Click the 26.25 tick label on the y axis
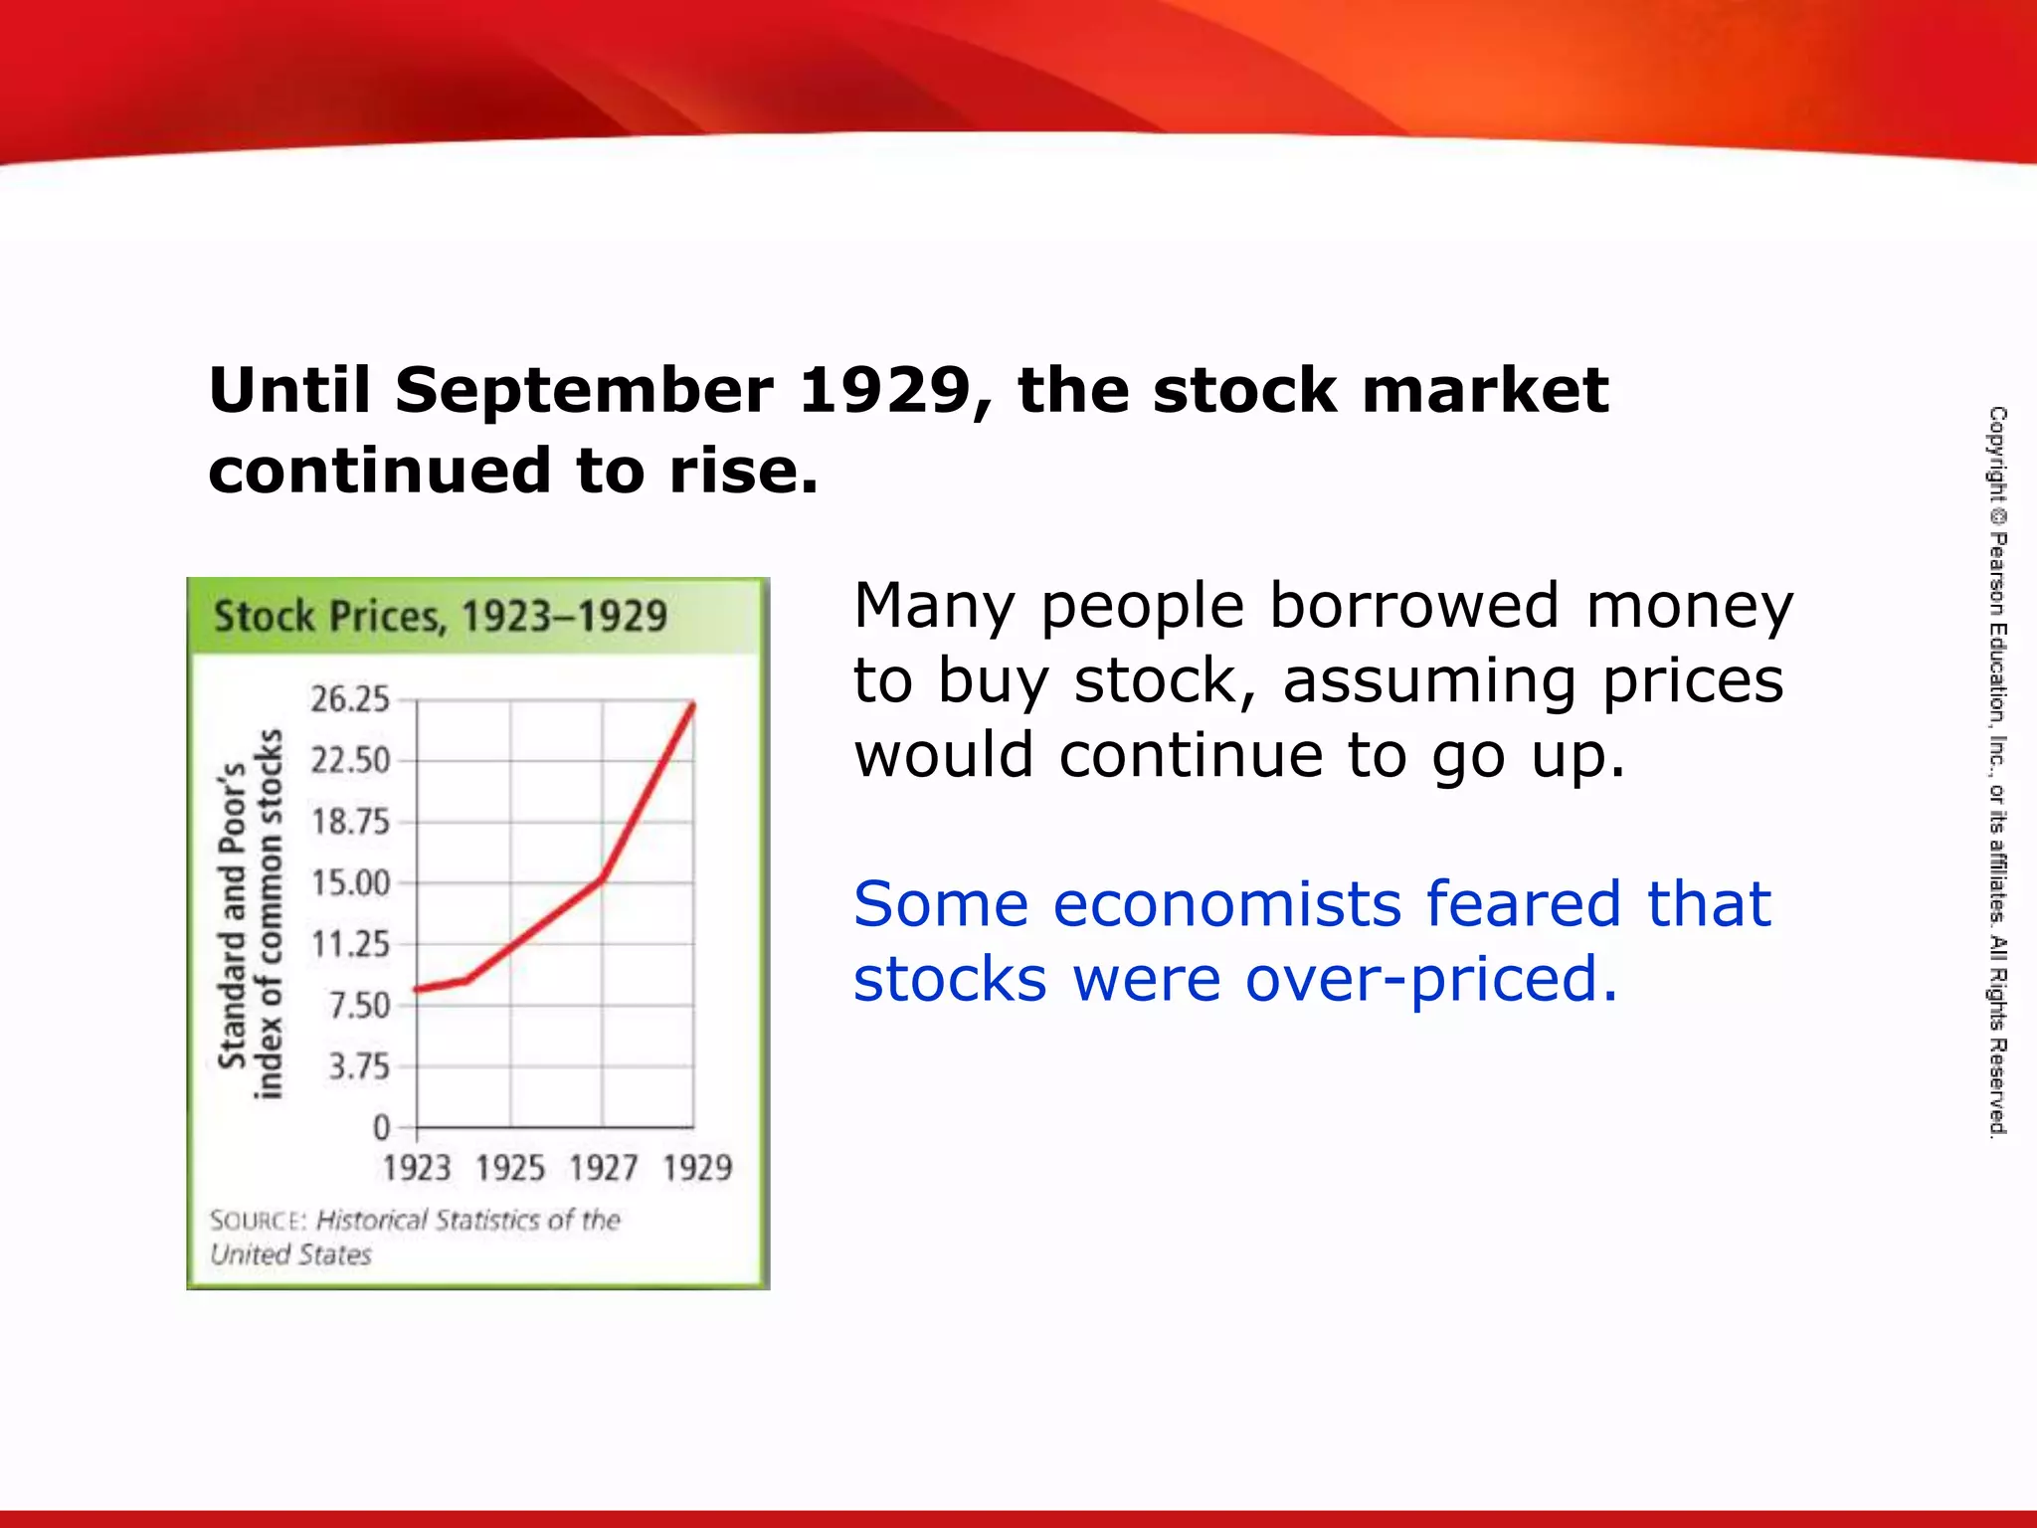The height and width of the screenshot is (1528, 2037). pos(350,699)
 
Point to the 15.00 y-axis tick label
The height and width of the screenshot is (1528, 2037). pos(350,882)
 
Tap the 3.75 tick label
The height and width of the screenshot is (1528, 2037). pos(359,1066)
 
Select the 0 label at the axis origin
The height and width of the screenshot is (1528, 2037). pos(382,1128)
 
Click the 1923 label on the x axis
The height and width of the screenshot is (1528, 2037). pos(417,1168)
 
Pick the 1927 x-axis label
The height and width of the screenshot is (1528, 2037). pos(604,1168)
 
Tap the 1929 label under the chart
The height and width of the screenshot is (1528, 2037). pos(697,1168)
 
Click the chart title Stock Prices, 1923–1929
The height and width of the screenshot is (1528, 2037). pos(441,617)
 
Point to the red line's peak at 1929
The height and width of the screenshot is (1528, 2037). pos(692,704)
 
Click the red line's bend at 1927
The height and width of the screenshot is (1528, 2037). pos(603,878)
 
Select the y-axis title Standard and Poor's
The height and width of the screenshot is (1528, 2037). pos(232,914)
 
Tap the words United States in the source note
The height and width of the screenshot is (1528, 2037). pos(290,1255)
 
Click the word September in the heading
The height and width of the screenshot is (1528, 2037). pos(584,391)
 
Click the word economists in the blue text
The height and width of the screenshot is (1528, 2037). pos(1227,904)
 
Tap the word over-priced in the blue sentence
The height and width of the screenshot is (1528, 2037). pos(1432,980)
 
